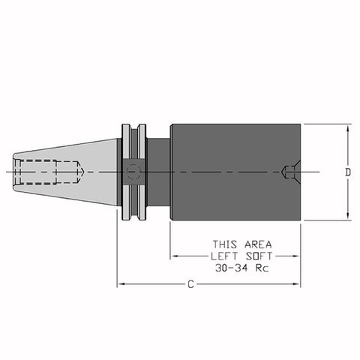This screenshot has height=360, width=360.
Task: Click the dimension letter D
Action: tap(348, 172)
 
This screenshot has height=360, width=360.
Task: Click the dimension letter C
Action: tap(190, 284)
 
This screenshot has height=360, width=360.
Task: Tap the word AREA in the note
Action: tap(258, 244)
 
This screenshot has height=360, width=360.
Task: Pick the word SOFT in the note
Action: tap(259, 256)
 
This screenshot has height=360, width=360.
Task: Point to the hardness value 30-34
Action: tap(232, 268)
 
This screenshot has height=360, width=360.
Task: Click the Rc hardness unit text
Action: tap(262, 268)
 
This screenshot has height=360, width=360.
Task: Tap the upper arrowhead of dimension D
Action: tap(347, 129)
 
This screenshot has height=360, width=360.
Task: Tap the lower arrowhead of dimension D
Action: tap(347, 215)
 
